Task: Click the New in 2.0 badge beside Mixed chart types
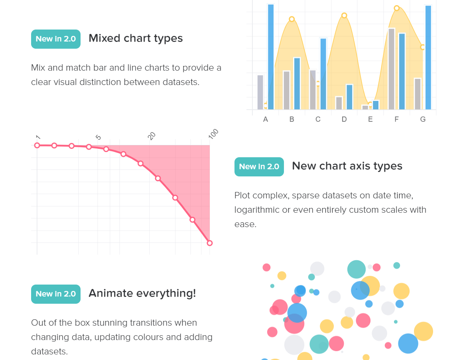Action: point(56,39)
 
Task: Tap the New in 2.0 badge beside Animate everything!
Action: point(56,294)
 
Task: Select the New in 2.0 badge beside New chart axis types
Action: point(259,167)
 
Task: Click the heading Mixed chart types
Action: point(136,38)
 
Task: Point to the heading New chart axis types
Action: point(347,166)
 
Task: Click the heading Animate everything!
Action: point(142,293)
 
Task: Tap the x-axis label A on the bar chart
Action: point(266,119)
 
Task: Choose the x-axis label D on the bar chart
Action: point(344,119)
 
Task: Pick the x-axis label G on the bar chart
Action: point(423,119)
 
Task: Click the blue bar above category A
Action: point(271,56)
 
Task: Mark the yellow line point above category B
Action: point(292,19)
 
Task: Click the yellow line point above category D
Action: point(344,16)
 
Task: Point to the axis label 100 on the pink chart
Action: point(214,134)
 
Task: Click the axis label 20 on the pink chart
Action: point(152,136)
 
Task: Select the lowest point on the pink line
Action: point(210,243)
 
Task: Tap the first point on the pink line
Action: point(37,145)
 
